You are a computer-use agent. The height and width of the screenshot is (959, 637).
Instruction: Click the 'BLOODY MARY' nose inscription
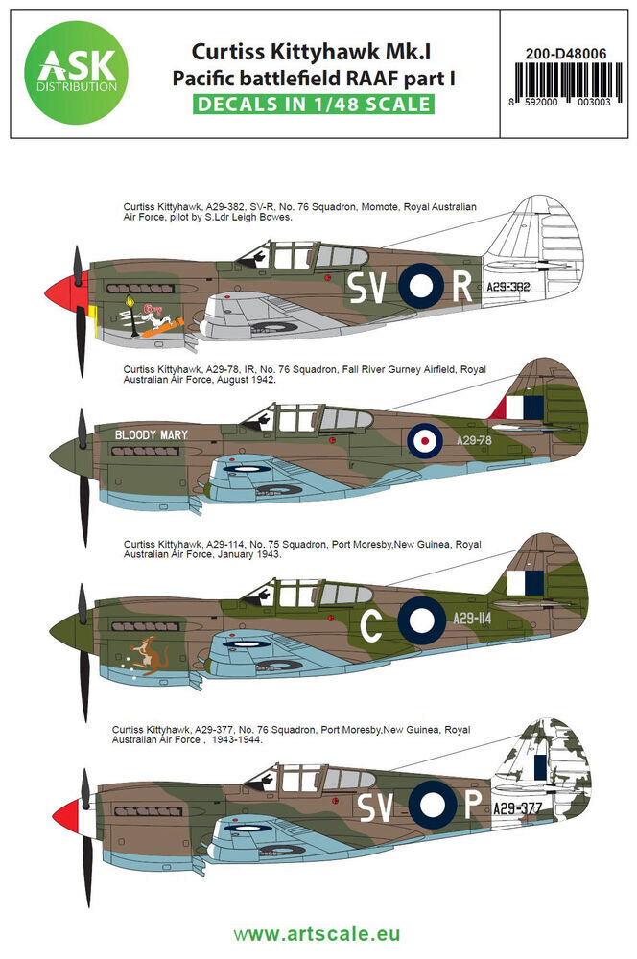point(152,434)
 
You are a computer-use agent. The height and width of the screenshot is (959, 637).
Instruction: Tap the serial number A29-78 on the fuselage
point(475,441)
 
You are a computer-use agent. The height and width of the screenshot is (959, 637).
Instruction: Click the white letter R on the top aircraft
point(461,286)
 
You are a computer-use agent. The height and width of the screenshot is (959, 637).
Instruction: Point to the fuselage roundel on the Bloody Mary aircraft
point(422,441)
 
